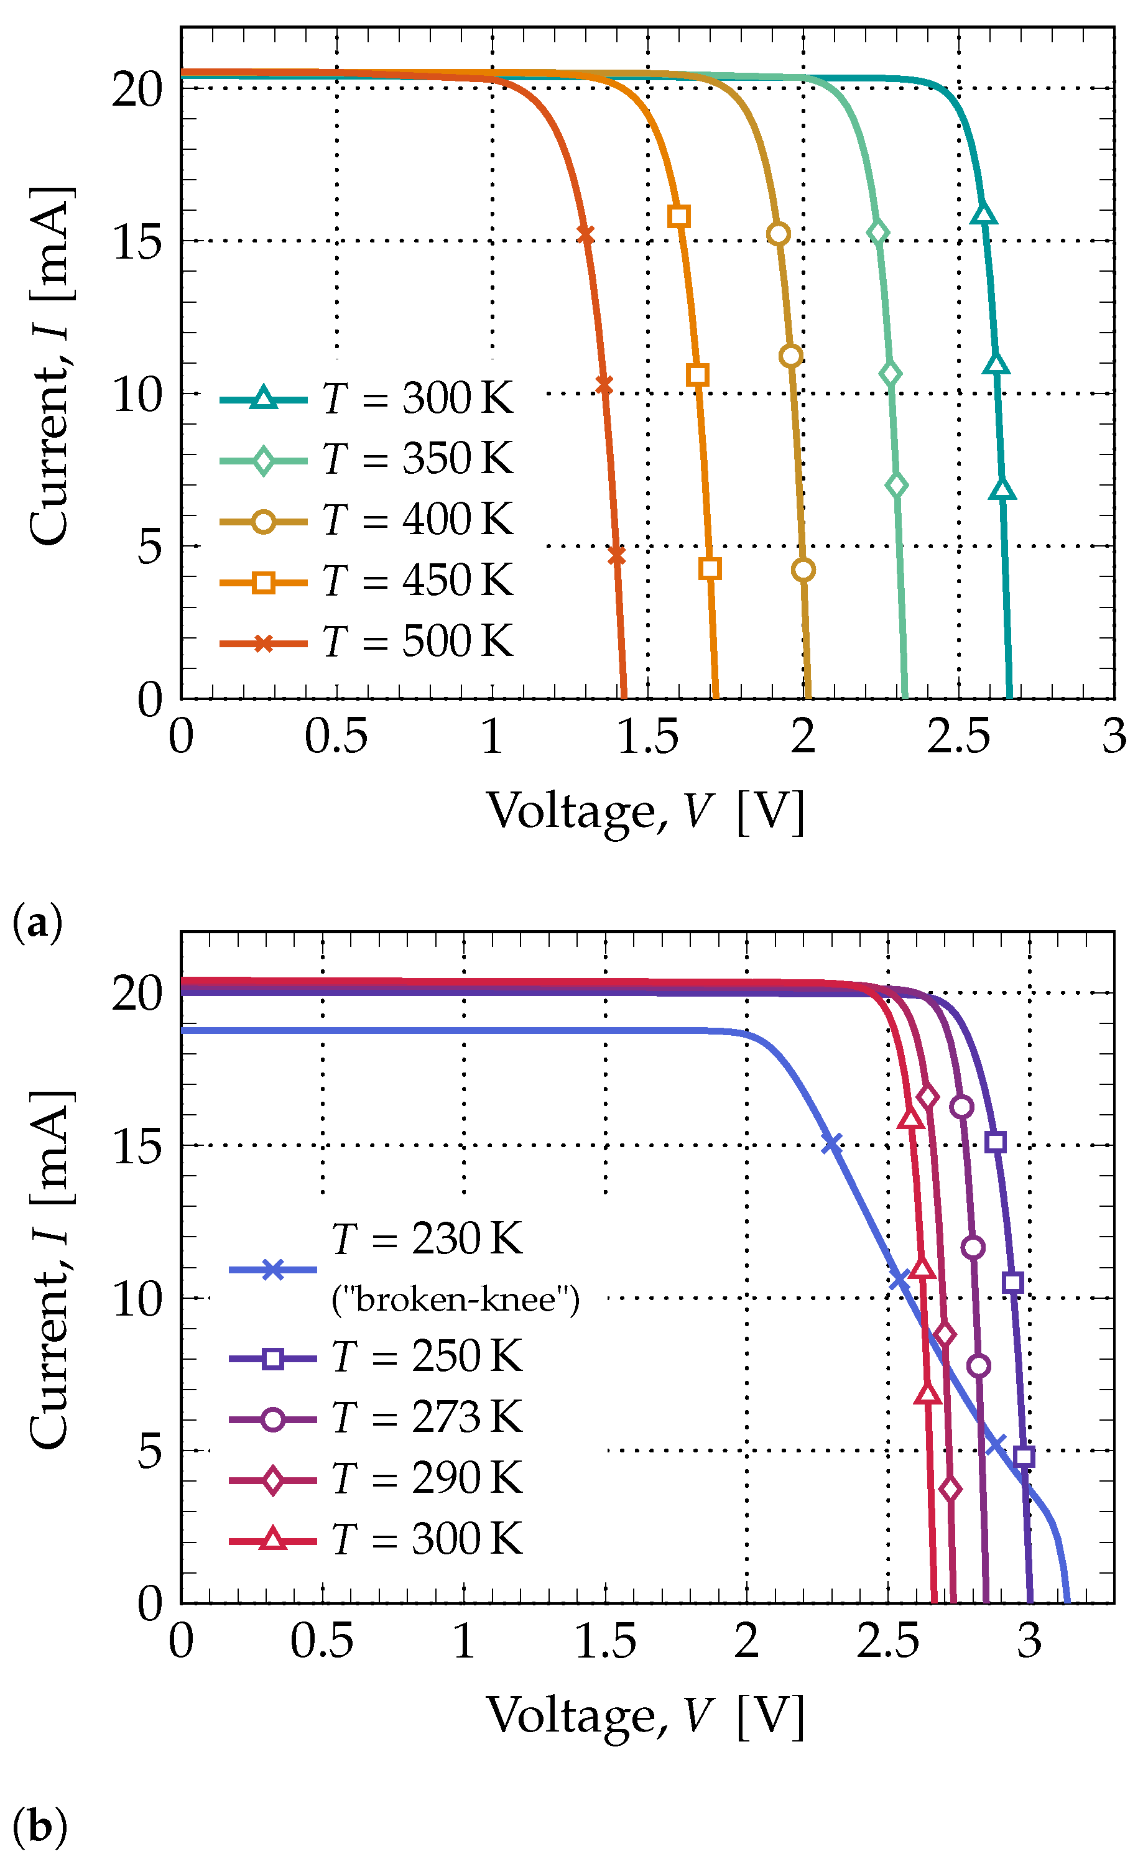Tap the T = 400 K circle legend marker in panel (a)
tap(263, 522)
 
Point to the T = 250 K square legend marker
tap(273, 1358)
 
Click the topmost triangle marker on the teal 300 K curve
tap(983, 214)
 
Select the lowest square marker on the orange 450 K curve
tap(709, 568)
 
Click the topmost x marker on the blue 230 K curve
tap(831, 1143)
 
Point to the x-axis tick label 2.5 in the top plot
tap(958, 737)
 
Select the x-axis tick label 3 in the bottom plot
tap(1029, 1641)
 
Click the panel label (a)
tap(38, 924)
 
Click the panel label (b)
tap(39, 1827)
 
